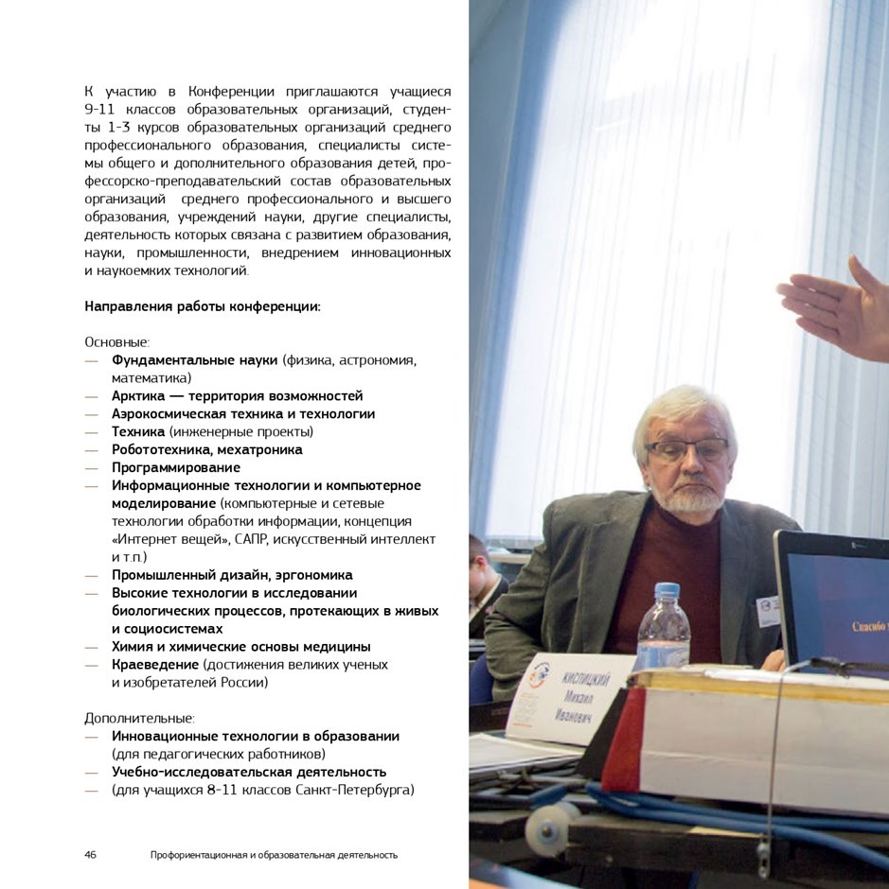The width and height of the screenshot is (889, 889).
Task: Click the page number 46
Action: coord(91,855)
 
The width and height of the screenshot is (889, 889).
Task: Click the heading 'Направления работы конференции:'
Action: coord(203,306)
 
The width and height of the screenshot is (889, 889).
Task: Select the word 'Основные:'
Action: coord(117,342)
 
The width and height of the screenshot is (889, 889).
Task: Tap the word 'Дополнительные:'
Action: coord(139,718)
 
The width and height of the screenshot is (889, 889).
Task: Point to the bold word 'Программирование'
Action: coord(176,467)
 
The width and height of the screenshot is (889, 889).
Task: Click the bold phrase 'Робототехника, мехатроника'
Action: coord(207,449)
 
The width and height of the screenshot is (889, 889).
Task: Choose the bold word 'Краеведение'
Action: coord(154,664)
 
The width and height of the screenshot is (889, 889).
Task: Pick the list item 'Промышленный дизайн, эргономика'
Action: coord(232,575)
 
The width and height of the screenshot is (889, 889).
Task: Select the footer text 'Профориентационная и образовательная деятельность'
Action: coord(274,855)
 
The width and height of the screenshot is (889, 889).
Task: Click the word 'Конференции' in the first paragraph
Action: coord(231,92)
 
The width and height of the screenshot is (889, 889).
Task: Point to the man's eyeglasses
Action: coord(687,449)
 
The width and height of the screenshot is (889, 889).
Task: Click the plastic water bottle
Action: coord(663,629)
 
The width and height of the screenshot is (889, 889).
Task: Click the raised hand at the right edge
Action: coord(838,307)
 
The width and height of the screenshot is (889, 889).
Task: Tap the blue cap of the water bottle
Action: coord(667,589)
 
